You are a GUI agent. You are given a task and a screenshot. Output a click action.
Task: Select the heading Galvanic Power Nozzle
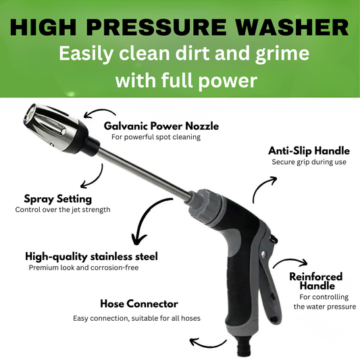coord(161,126)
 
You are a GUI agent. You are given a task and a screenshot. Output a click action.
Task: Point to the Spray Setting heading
coord(57,199)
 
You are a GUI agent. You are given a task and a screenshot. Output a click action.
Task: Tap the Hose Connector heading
coord(138,303)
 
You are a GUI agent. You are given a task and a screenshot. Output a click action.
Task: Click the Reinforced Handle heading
coord(315,281)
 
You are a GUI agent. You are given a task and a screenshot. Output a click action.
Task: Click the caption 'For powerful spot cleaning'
coord(156,137)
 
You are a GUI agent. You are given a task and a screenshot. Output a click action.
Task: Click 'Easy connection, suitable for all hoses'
coord(137,318)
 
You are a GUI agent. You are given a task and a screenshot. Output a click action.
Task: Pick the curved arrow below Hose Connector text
coord(205,343)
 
